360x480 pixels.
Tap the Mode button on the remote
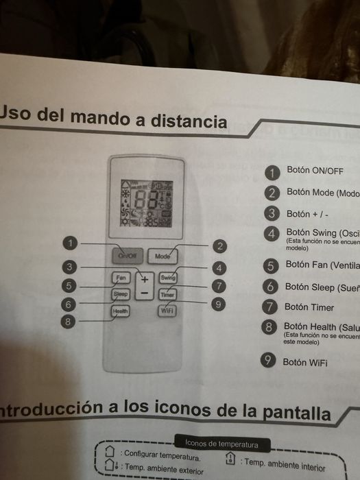click(x=163, y=256)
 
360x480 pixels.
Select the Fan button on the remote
click(x=122, y=278)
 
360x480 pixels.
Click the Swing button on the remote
click(x=168, y=278)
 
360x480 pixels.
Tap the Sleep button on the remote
click(x=121, y=294)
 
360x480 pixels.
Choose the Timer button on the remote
click(x=168, y=294)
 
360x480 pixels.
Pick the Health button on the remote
click(x=121, y=311)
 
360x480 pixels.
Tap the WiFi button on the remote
click(x=167, y=311)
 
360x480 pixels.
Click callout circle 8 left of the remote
click(x=67, y=320)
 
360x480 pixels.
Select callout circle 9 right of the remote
click(x=217, y=304)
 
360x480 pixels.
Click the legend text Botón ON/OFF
click(x=315, y=170)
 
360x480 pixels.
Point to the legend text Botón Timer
click(x=309, y=307)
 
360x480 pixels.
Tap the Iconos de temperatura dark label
click(x=222, y=444)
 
